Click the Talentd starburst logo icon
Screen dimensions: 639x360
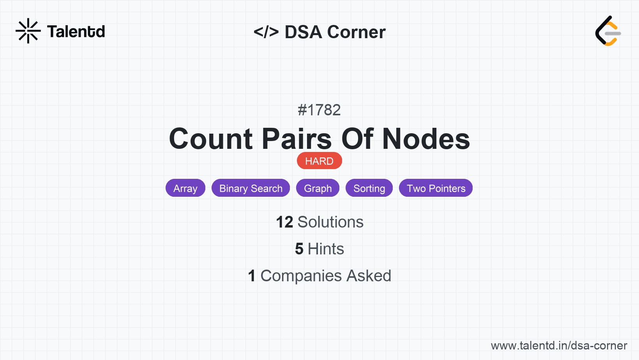[x=28, y=31]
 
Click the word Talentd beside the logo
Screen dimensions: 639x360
[x=76, y=32]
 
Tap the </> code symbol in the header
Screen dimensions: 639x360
[x=266, y=32]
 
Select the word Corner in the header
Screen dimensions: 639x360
[x=356, y=32]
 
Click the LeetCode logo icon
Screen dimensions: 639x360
[x=607, y=31]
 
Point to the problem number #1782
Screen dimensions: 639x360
[x=319, y=110]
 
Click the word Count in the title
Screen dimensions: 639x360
[x=210, y=139]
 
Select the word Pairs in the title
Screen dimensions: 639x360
[x=297, y=139]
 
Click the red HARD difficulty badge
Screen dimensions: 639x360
[x=319, y=161]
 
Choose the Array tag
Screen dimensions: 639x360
[x=185, y=188]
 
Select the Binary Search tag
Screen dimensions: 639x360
[x=251, y=188]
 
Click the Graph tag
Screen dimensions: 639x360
[x=318, y=188]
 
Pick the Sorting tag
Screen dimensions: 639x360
[x=369, y=188]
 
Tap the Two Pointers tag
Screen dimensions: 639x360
[x=436, y=188]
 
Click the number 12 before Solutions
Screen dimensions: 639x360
[x=284, y=222]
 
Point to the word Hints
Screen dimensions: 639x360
[x=326, y=249]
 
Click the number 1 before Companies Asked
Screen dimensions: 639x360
[x=252, y=276]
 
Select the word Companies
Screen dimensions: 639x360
[x=301, y=276]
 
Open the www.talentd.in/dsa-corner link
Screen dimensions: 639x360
[x=559, y=346]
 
